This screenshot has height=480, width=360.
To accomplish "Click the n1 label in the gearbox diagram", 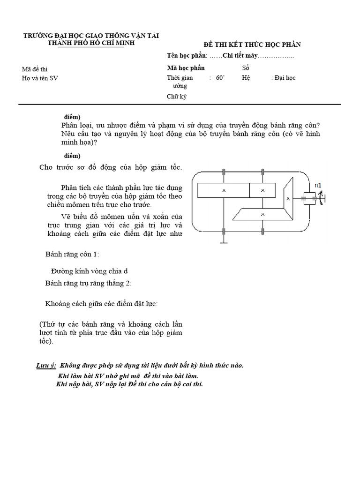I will (x=318, y=186).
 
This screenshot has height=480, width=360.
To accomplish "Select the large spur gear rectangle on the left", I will (x=224, y=190).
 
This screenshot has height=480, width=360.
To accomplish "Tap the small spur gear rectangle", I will (x=262, y=190).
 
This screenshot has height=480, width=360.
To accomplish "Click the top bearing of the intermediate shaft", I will (x=263, y=172).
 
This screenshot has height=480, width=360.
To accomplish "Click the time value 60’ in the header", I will (x=221, y=78).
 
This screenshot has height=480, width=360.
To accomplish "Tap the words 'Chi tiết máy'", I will (x=240, y=57).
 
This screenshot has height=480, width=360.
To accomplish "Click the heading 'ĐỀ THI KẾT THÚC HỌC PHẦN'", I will (x=252, y=45).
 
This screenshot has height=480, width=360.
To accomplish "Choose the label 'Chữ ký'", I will (x=176, y=97).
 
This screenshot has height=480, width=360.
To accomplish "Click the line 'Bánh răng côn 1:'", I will (x=72, y=254).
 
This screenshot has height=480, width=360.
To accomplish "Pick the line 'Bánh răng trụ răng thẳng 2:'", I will (x=89, y=283).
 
